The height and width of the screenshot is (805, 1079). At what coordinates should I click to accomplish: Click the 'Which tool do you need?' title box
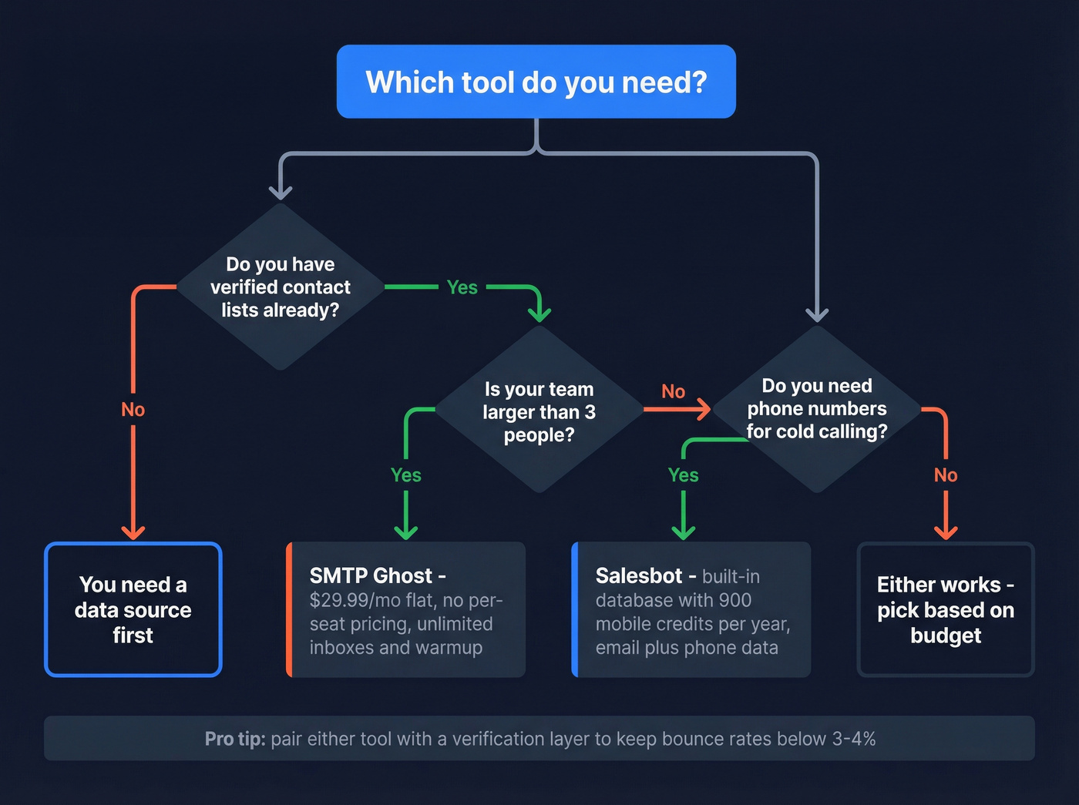click(536, 82)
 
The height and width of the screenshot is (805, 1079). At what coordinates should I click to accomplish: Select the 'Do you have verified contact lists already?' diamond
click(280, 287)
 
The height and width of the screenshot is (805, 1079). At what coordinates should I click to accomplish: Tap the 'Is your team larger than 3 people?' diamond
click(539, 411)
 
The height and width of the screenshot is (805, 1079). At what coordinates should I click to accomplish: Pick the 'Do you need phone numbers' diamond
click(817, 408)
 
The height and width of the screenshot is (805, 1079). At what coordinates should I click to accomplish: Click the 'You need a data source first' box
click(133, 609)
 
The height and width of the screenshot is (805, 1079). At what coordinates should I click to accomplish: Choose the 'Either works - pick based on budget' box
click(946, 609)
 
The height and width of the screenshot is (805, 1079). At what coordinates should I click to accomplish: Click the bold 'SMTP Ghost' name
click(371, 575)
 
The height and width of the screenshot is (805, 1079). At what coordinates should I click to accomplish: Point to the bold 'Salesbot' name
click(639, 575)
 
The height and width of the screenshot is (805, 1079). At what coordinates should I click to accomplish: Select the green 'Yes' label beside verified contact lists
click(462, 287)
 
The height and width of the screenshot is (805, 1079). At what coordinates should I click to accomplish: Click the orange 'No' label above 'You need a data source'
click(133, 409)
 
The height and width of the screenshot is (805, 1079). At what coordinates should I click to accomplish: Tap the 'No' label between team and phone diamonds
click(673, 391)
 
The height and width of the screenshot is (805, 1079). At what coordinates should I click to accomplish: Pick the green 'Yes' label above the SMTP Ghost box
click(405, 475)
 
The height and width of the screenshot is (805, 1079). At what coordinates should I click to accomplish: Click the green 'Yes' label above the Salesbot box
click(683, 475)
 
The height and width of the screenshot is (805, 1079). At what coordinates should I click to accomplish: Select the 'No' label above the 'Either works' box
click(946, 475)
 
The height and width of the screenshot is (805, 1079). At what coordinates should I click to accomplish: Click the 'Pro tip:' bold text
click(235, 739)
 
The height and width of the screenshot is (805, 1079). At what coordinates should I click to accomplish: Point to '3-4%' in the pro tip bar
click(854, 739)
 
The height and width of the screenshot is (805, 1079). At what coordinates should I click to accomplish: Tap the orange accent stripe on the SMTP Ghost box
click(289, 609)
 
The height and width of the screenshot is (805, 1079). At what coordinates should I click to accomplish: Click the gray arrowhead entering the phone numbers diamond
click(817, 314)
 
